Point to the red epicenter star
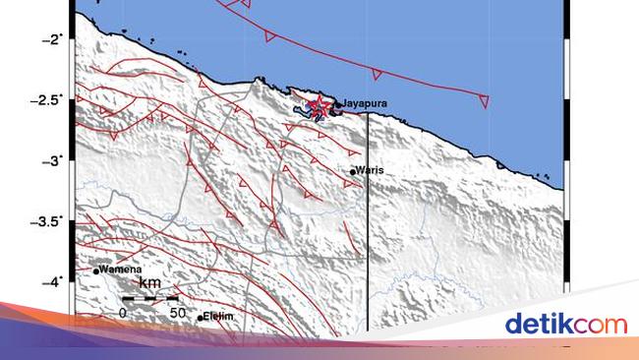point(317,105)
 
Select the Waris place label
point(370,170)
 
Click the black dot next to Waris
point(353,171)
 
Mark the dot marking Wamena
point(96,270)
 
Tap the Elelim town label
point(218,317)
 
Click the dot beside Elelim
point(201,317)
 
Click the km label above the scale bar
point(149,283)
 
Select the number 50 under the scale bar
point(177,312)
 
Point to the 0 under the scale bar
point(123,312)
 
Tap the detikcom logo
point(565,323)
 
